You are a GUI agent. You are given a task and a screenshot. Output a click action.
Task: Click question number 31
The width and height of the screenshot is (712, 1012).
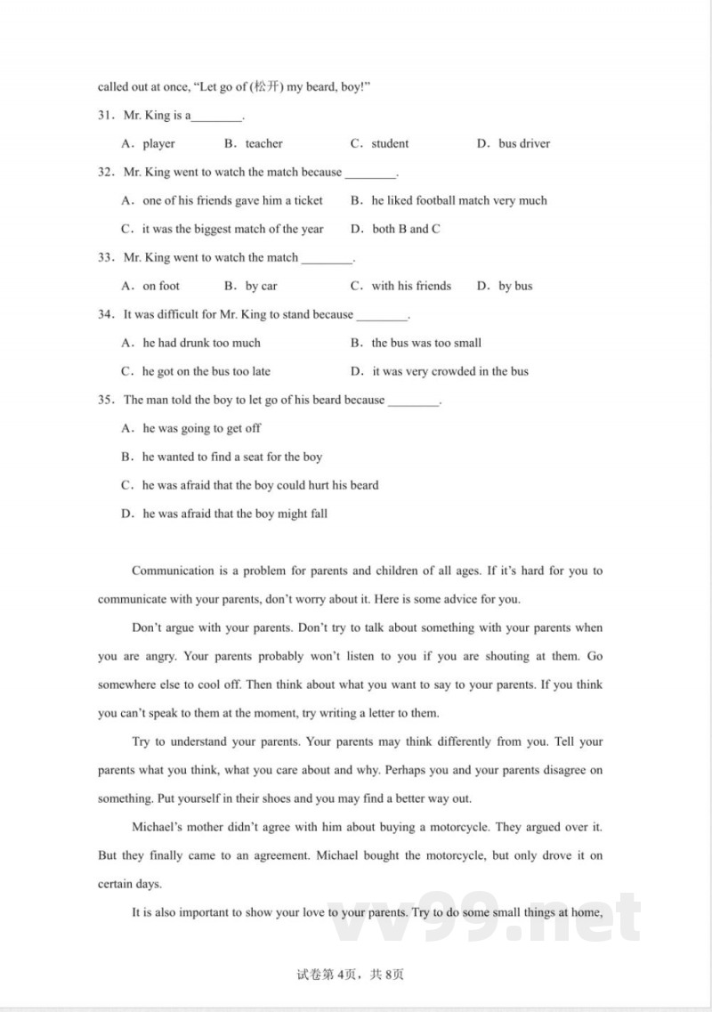pos(106,115)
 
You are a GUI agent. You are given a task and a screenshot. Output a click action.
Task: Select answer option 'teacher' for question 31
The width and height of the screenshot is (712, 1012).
pos(263,143)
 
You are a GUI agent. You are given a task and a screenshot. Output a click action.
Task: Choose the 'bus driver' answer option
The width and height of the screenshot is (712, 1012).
pos(524,143)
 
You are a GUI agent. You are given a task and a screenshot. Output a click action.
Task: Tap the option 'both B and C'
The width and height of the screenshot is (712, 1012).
pos(406,229)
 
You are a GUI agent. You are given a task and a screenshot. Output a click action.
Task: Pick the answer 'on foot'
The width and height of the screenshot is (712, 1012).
pos(161,286)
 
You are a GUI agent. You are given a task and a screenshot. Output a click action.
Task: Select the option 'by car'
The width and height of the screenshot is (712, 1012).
pos(261,286)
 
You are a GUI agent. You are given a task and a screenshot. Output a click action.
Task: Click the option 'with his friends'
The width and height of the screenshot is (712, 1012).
pos(411,286)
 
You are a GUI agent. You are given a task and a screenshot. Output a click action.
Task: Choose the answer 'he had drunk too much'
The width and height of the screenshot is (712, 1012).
pos(202,343)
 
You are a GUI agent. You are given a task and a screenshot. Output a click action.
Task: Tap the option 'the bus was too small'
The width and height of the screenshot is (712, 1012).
pos(426,343)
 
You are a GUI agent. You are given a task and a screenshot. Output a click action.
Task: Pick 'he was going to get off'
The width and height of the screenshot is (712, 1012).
pos(202,428)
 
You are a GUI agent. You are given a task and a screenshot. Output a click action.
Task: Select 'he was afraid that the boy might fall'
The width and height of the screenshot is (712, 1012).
pos(235,514)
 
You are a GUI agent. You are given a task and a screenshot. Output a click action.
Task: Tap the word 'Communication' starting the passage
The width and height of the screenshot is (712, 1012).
pos(173,571)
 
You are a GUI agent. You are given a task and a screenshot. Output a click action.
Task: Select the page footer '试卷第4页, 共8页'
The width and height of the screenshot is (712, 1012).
pos(355,975)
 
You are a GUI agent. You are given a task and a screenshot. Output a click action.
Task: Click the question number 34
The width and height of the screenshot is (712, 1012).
pos(106,314)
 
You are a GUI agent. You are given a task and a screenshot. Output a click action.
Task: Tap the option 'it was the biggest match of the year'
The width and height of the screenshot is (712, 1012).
pos(233,229)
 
